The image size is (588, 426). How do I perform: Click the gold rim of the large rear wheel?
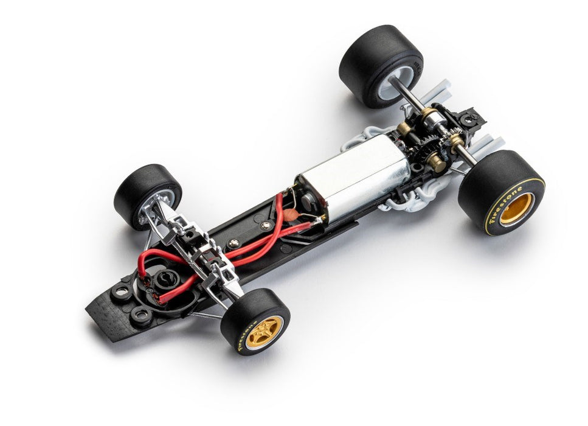[516, 209]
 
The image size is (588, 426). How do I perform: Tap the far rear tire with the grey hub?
[381, 66]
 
